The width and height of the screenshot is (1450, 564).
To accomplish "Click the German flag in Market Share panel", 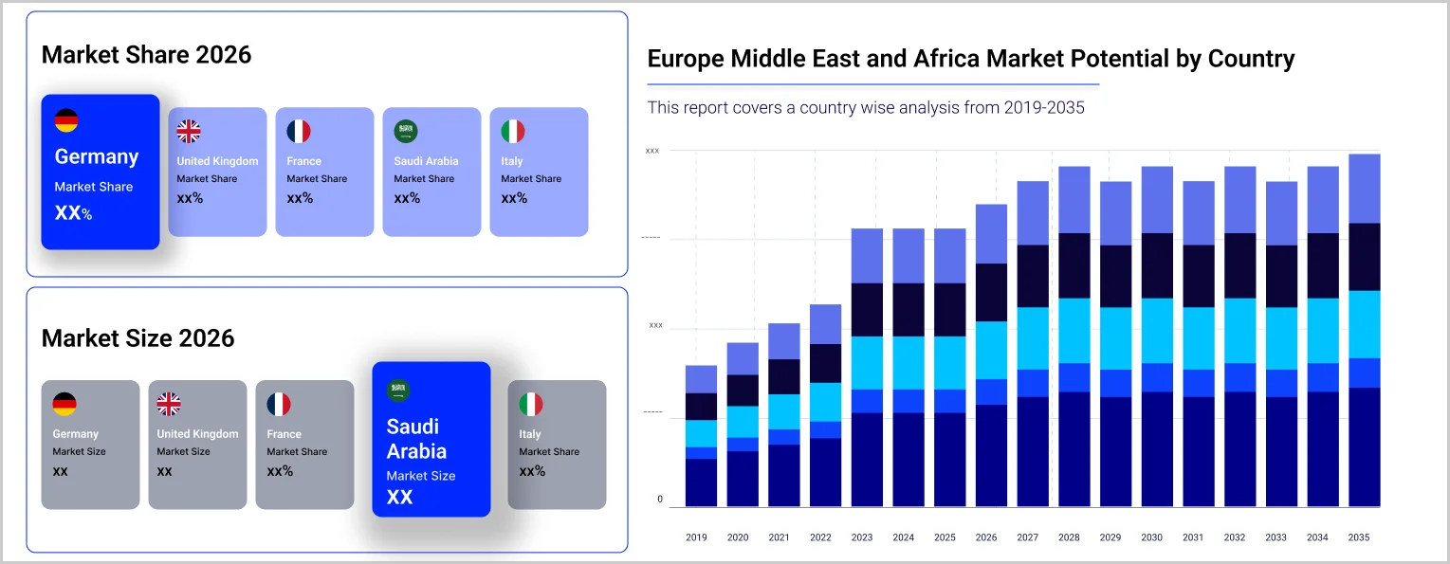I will [x=66, y=120].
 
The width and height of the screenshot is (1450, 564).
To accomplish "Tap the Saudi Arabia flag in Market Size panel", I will [x=398, y=390].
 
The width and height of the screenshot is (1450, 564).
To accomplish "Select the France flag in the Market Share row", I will [x=299, y=132].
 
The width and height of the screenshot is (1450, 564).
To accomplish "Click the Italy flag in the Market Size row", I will [x=531, y=405].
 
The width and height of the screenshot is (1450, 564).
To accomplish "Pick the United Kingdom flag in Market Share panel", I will [x=189, y=132].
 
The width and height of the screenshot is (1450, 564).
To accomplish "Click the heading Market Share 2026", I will [x=146, y=55].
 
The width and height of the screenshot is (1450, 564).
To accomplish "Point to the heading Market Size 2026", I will [x=138, y=338].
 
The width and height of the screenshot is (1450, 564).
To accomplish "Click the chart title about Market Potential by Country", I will [x=970, y=59].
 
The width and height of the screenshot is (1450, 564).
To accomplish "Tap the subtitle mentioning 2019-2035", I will [x=866, y=108].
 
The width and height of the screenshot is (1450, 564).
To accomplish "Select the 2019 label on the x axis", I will [x=696, y=537].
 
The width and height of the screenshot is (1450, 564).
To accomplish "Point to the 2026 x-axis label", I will [x=986, y=537].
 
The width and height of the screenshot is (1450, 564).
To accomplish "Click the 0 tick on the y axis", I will [x=660, y=500].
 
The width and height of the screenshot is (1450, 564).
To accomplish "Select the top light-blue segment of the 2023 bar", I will [x=861, y=255].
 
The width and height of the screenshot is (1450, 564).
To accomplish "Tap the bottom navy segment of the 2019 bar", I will [x=701, y=482].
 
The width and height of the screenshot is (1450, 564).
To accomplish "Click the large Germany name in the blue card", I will [x=97, y=157].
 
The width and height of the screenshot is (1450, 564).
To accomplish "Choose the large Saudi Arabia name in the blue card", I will [x=416, y=439].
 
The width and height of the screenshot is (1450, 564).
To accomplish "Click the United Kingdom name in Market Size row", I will [x=197, y=434].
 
